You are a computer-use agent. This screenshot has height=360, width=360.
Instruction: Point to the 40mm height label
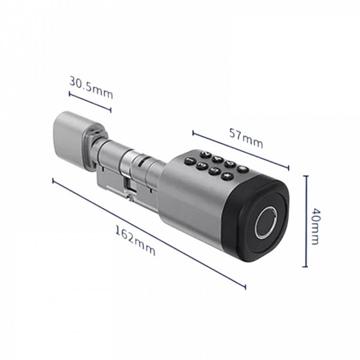(315, 226)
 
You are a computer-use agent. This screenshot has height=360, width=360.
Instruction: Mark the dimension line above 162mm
(149, 234)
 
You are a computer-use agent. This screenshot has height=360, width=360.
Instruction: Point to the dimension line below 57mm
(240, 149)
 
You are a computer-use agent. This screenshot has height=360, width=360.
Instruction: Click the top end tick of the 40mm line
(305, 177)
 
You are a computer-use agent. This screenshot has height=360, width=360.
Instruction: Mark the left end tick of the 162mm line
(53, 180)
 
